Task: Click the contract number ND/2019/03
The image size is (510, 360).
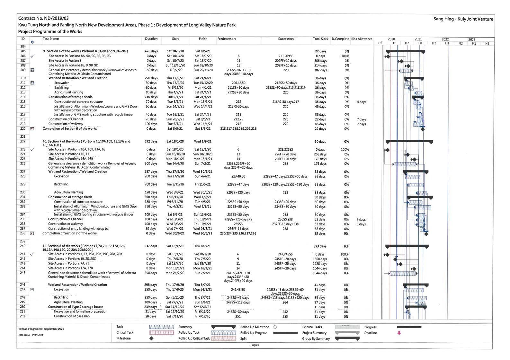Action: click(43, 19)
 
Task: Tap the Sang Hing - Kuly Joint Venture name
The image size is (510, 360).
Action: click(463, 19)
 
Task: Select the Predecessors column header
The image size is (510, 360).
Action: click(227, 39)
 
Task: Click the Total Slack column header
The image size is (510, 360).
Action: click(320, 39)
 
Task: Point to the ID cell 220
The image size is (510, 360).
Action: click(23, 128)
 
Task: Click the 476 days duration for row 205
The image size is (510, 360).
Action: click(151, 51)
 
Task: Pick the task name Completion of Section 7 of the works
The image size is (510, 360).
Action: click(69, 233)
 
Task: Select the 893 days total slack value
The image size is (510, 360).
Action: click(320, 246)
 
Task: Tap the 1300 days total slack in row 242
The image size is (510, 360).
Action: click(320, 259)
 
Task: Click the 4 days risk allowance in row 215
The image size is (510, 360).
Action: click(361, 102)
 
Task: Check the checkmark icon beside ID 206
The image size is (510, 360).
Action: click(32, 56)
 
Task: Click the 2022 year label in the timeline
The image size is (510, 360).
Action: click(445, 40)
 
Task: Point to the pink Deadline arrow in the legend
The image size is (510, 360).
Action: click(399, 333)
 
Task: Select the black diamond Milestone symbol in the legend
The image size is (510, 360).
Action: click(151, 338)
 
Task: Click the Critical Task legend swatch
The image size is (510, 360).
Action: click(162, 333)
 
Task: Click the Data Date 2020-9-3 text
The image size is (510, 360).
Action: click(31, 335)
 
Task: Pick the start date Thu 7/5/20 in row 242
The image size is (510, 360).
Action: click(175, 259)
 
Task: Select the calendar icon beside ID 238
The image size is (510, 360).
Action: click(32, 233)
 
